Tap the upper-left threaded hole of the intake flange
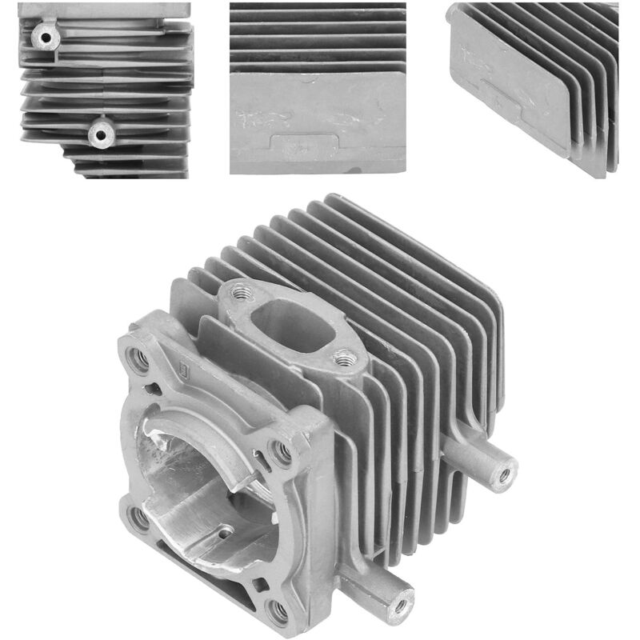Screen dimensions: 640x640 238,294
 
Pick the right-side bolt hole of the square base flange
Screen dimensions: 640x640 281,454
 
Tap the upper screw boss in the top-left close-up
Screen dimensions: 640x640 41,34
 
